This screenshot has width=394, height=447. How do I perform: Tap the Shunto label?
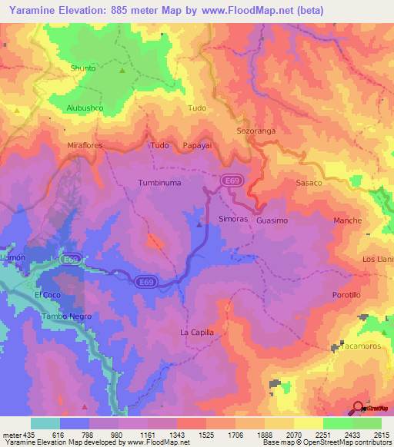83,68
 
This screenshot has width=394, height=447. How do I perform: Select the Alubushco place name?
85,108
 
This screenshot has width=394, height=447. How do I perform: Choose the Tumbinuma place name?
159,183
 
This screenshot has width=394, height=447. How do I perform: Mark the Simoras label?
233,219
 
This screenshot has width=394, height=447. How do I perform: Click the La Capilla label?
196,332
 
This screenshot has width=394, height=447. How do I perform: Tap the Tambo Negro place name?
65,316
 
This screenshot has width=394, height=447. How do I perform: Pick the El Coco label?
47,295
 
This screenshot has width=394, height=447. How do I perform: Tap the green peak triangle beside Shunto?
122,70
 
